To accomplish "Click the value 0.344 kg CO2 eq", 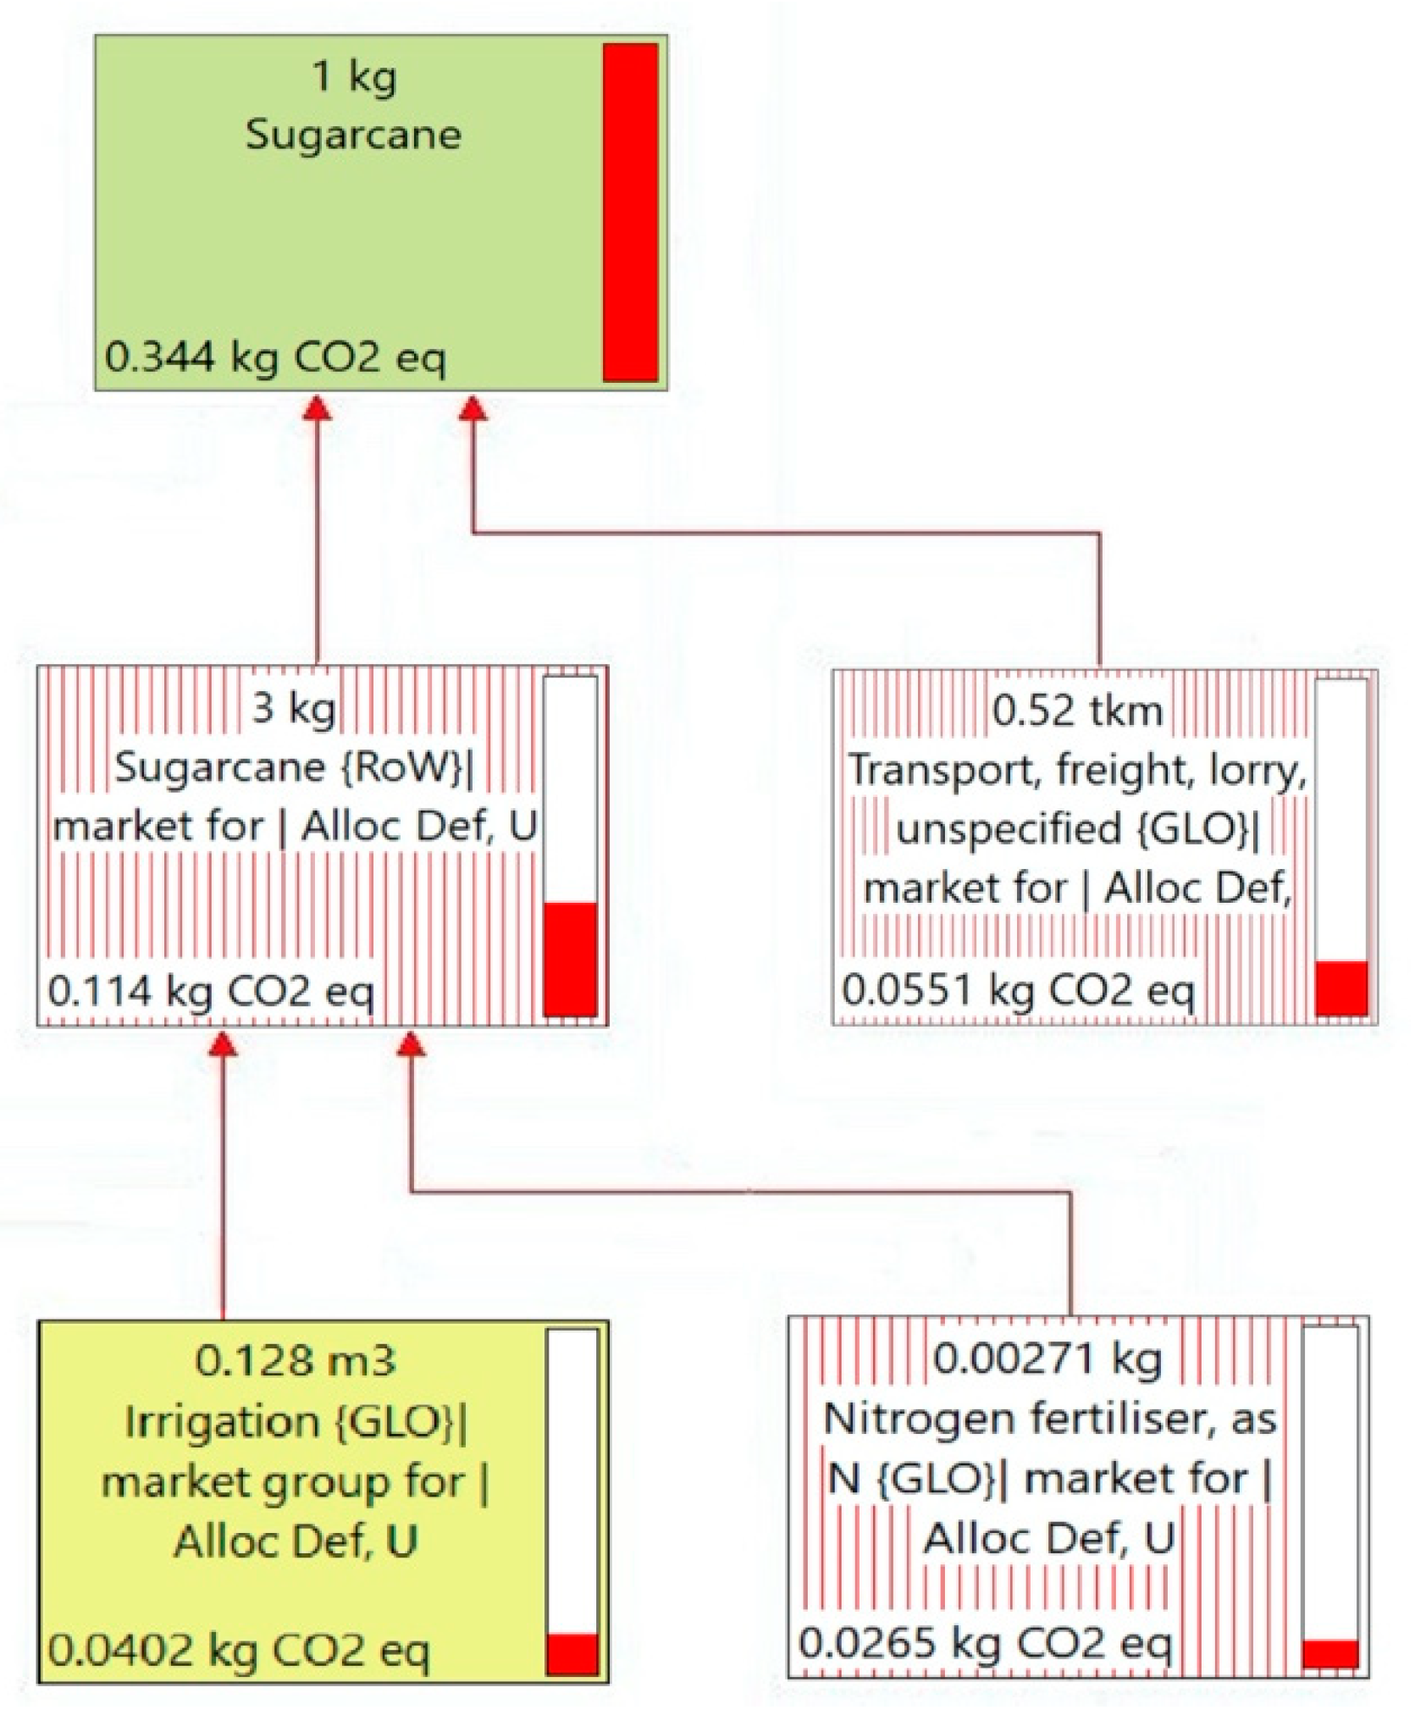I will click(x=274, y=357).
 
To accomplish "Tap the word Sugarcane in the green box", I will click(x=353, y=135).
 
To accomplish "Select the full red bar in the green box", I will click(x=630, y=212).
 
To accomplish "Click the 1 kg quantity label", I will click(x=353, y=76).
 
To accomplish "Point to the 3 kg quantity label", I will click(x=293, y=707).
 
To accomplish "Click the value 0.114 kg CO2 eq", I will click(x=210, y=990).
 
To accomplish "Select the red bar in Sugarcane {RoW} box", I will click(x=570, y=958).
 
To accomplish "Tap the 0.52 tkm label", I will click(x=1076, y=710).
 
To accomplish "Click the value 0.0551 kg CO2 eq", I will click(x=1017, y=989).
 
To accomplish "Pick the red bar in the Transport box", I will click(x=1340, y=987).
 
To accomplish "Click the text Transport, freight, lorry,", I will click(x=1077, y=770).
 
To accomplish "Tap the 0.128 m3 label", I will click(x=295, y=1361).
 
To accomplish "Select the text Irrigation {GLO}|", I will click(x=295, y=1421).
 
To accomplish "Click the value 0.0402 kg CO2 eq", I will click(x=239, y=1650).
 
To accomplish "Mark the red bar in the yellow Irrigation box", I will click(x=572, y=1653).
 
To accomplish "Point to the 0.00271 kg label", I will click(x=1047, y=1359).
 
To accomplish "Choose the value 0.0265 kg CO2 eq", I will click(x=985, y=1643).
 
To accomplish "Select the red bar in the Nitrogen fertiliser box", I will click(x=1329, y=1653).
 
